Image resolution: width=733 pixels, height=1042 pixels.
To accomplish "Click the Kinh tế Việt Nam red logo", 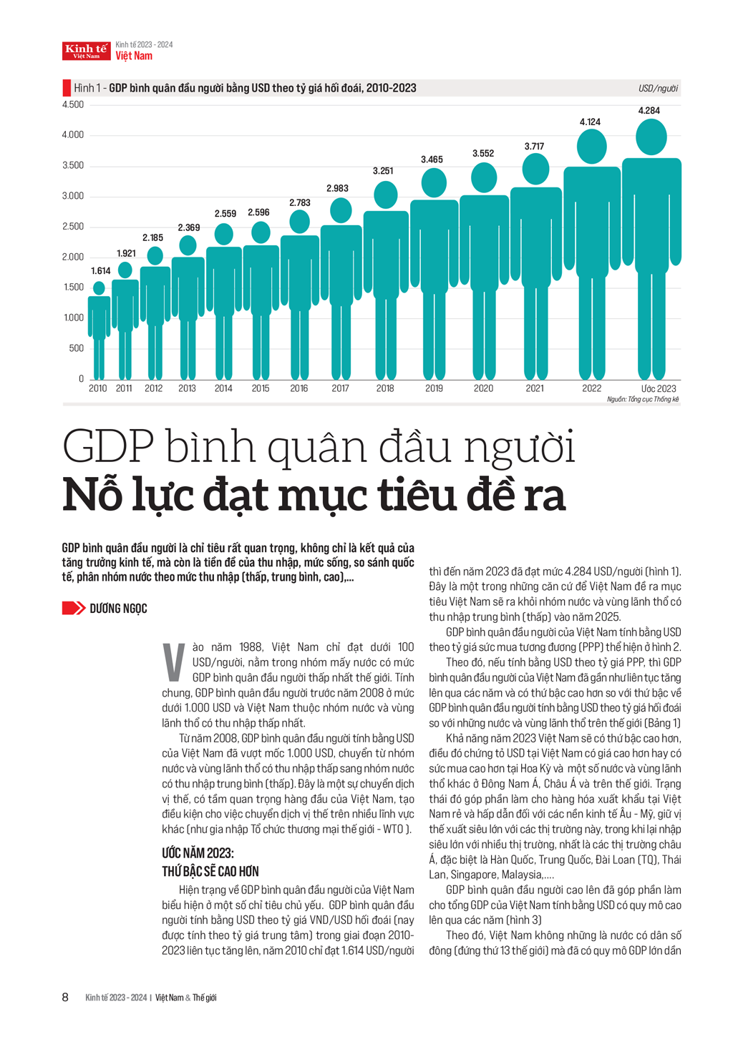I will point(87,50).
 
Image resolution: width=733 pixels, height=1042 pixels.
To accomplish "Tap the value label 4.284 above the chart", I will point(649,111).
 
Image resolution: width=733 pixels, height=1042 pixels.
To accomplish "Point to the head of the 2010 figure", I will point(99,287).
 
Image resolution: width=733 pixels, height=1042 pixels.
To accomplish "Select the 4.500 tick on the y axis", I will point(73,104).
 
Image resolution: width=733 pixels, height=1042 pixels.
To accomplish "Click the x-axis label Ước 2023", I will point(658,388).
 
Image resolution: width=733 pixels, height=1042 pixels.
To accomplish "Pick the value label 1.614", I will point(101,271).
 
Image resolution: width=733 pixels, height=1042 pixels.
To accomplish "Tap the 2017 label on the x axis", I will point(340,388).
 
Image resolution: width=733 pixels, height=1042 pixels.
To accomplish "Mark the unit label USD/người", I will point(658,89).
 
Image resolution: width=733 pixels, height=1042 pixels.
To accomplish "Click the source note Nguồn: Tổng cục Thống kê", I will point(642,399).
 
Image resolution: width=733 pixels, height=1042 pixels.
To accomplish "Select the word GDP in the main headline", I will point(108,448).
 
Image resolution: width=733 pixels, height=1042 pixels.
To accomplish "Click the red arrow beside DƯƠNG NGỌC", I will point(73,608).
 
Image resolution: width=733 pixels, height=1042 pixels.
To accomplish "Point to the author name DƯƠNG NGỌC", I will point(118,609).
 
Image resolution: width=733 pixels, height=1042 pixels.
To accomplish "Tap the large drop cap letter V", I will point(173,662).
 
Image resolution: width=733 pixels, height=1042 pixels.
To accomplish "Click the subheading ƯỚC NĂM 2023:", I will point(198,853).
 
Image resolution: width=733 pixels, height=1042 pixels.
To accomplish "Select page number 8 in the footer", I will point(65,997).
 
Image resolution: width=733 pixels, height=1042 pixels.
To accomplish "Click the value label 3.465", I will point(432,159).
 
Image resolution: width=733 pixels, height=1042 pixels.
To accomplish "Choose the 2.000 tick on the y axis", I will point(73,257).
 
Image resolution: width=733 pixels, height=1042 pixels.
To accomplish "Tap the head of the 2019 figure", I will point(434,183).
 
